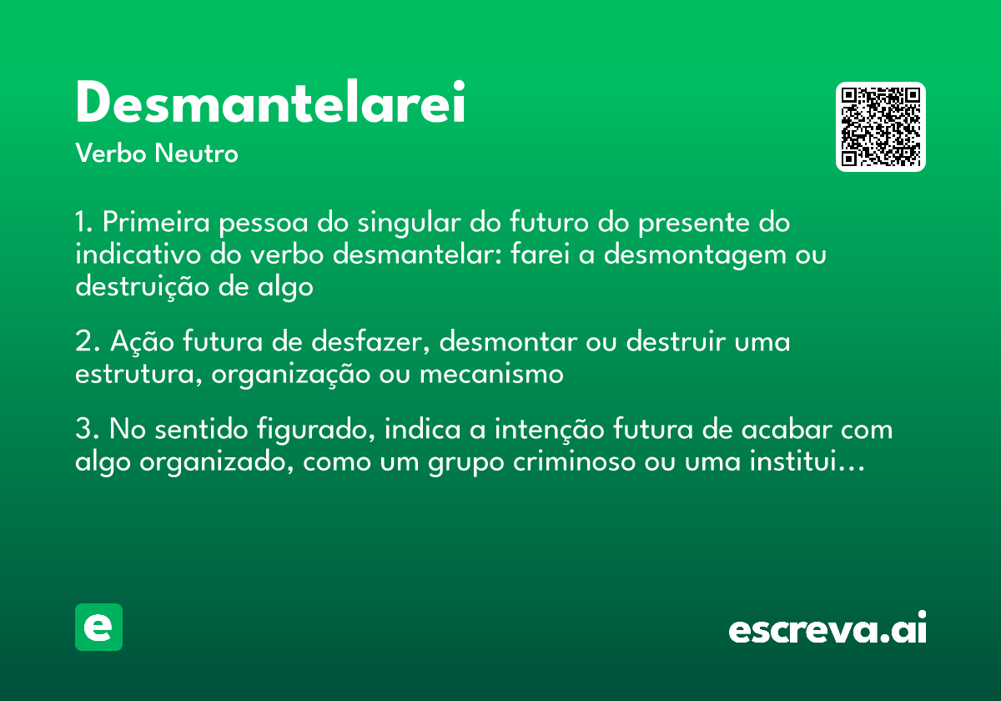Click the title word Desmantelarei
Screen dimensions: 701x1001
[x=270, y=103]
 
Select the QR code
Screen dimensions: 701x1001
[x=881, y=127]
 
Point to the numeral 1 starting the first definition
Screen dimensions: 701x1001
[x=82, y=224]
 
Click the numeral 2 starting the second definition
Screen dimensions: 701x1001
[x=83, y=342]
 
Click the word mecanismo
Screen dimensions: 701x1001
[x=491, y=374]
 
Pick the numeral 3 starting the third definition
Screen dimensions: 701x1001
[x=83, y=430]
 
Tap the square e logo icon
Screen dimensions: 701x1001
[x=98, y=628]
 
